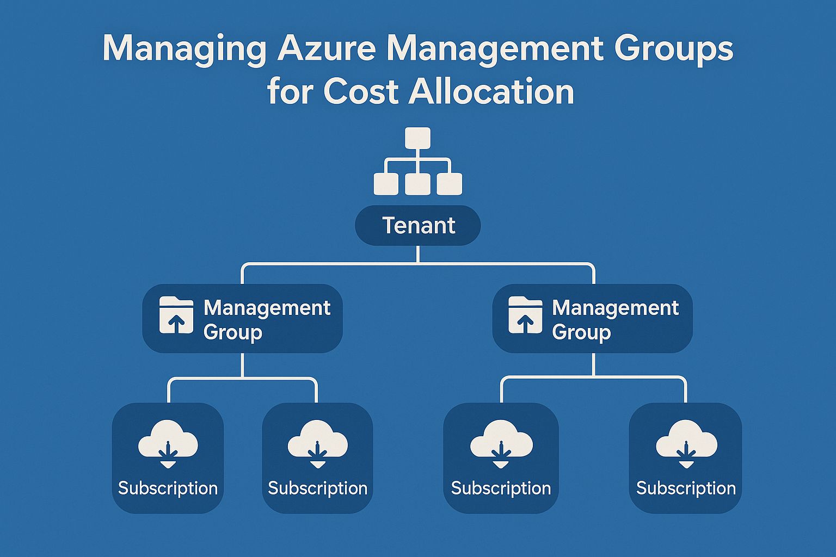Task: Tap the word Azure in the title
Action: pos(327,49)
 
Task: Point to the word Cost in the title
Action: pos(361,92)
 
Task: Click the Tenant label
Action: pos(418,225)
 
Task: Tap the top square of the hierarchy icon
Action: pos(418,138)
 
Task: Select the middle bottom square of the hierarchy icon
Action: pos(418,184)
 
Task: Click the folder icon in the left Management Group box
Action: pos(176,315)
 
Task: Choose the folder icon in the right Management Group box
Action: pos(525,315)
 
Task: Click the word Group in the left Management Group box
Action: pos(233,332)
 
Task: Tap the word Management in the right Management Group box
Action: pos(615,308)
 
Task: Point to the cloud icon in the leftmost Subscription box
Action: pos(168,444)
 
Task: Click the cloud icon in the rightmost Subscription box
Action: pos(686,444)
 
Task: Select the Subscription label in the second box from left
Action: pos(317,488)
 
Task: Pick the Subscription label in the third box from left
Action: pos(501,488)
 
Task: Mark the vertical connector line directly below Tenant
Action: pos(418,255)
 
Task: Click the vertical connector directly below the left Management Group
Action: pos(242,365)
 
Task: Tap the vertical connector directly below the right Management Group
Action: pos(593,364)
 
